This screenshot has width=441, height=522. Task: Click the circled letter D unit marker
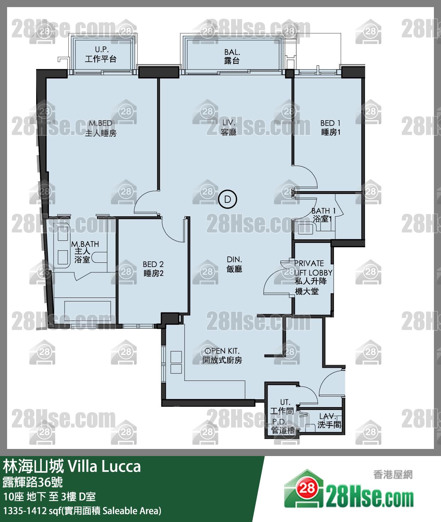(228, 199)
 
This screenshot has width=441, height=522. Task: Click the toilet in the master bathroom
(99, 257)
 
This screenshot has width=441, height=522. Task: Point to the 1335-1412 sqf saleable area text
(82, 511)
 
